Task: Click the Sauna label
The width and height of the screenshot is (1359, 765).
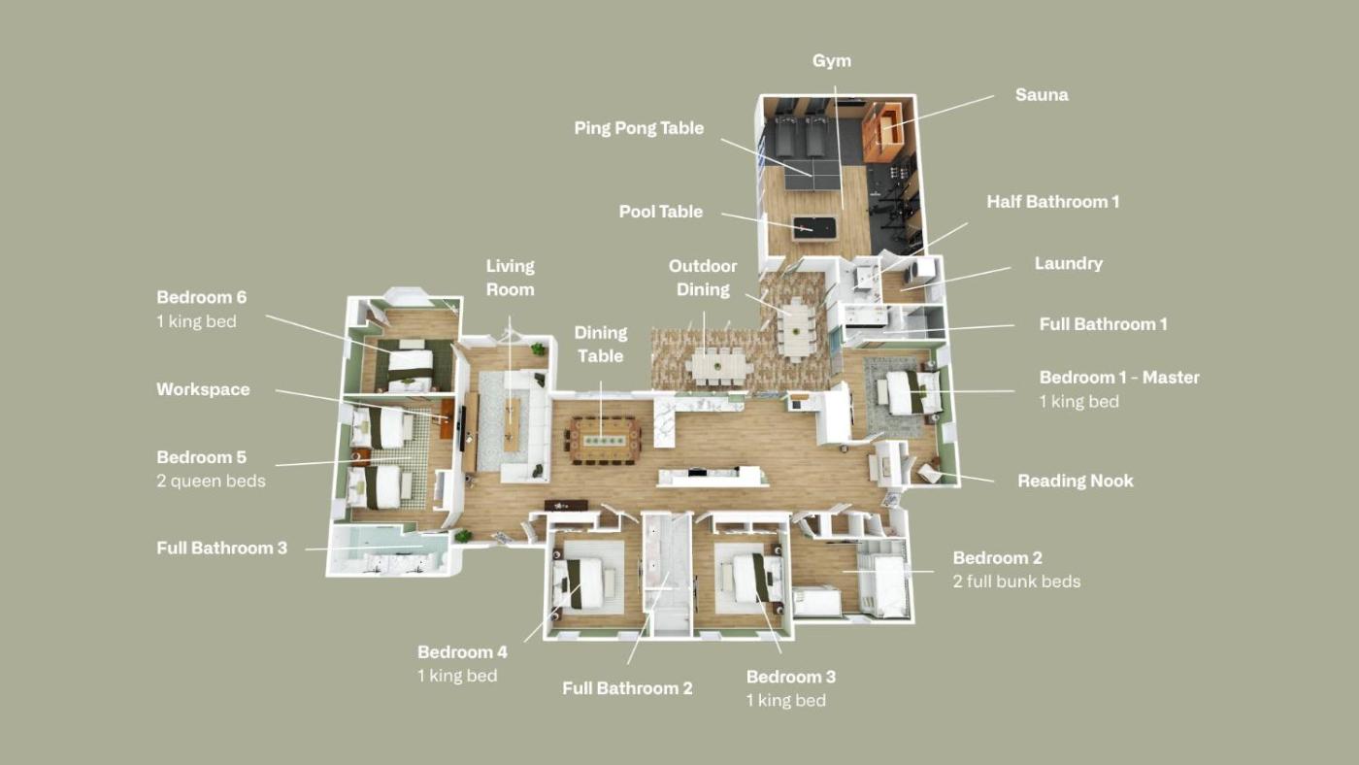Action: click(1042, 94)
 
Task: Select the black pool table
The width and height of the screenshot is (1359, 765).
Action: click(813, 228)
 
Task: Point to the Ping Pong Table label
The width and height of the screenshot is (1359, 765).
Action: click(639, 128)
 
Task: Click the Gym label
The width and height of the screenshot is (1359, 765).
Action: click(832, 60)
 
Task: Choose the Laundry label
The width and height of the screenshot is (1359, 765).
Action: click(1069, 263)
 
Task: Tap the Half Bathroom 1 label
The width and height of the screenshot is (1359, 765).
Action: click(1052, 202)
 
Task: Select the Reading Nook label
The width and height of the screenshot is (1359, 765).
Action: click(1076, 482)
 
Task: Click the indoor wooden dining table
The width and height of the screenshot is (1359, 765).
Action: click(604, 440)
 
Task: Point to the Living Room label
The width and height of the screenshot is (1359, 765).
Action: click(511, 278)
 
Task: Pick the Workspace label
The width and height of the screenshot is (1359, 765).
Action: click(203, 389)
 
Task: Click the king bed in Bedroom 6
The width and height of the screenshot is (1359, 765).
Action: click(407, 366)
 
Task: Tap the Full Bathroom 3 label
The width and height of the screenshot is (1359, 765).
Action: click(221, 549)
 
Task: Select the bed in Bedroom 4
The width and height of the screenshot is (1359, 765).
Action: click(580, 583)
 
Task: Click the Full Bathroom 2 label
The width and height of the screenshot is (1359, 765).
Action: click(627, 688)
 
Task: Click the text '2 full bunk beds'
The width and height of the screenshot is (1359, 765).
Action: click(1016, 582)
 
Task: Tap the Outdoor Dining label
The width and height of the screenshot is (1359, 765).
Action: click(703, 278)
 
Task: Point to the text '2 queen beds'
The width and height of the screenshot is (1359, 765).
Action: click(212, 482)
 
